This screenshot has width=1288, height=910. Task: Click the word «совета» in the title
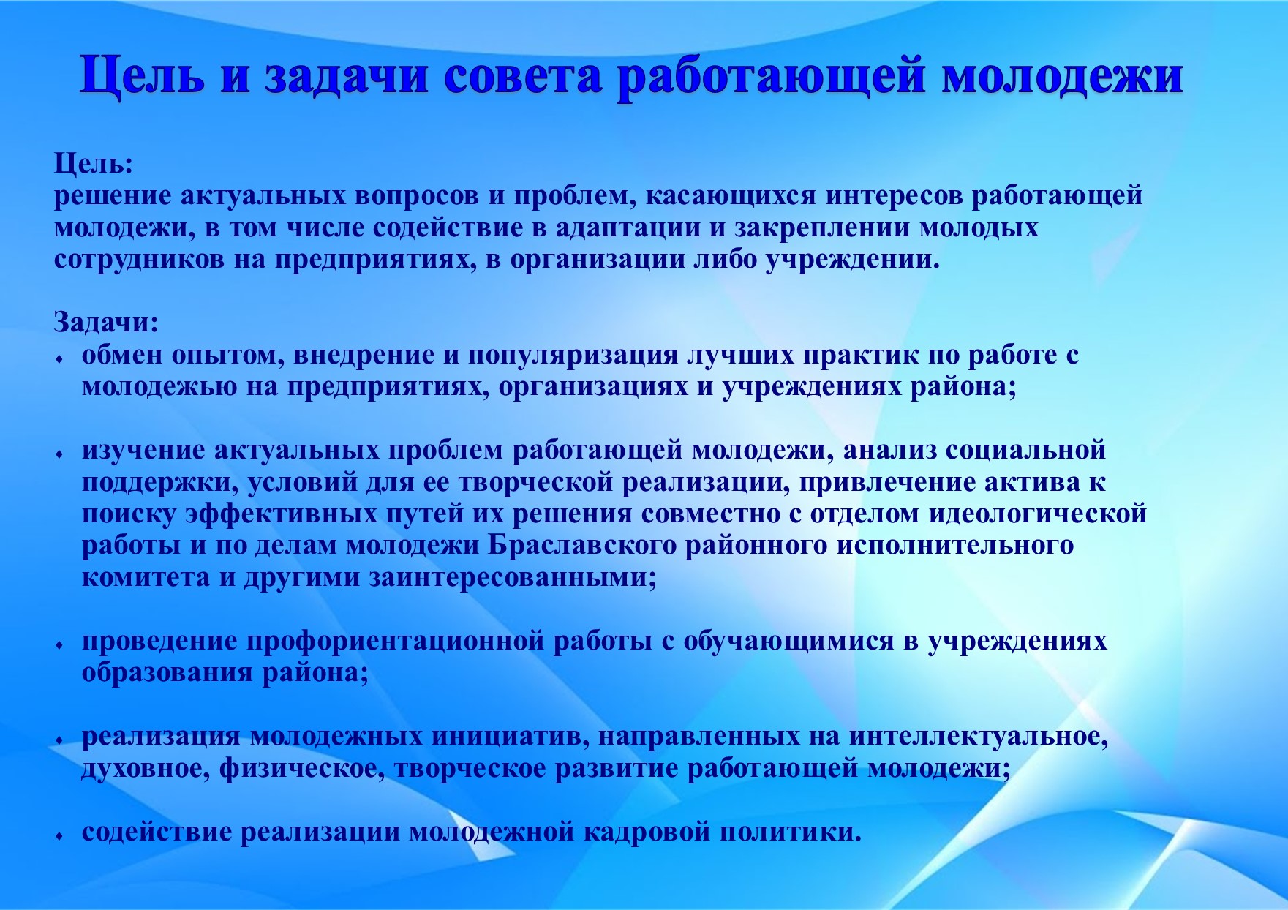coord(522,76)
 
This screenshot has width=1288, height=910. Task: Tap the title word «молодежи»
coord(1061,76)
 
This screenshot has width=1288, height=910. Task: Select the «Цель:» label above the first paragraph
coord(94,163)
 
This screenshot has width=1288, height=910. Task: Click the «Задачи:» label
coord(106,322)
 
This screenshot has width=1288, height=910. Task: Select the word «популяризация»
coord(573,355)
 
